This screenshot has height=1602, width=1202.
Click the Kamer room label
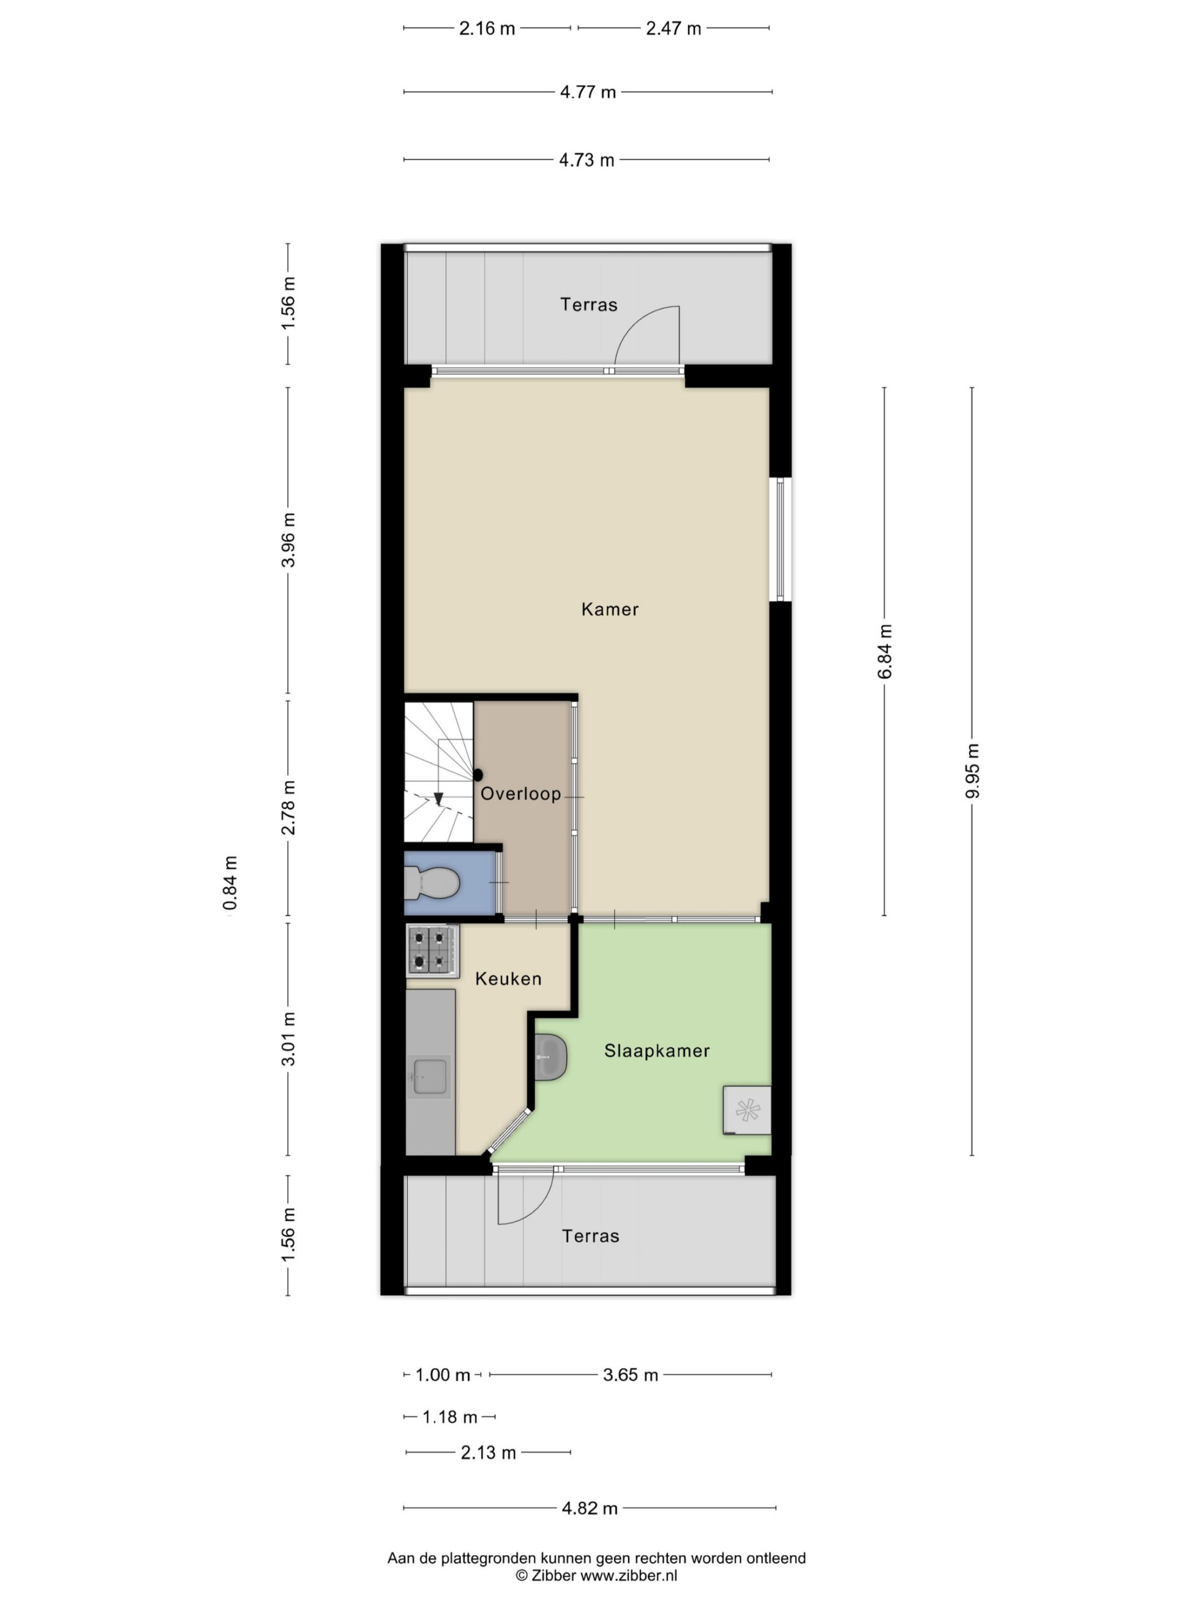[x=609, y=609]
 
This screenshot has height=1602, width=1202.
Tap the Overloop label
[x=520, y=793]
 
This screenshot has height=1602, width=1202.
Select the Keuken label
[x=508, y=979]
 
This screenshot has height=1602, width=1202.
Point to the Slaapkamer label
[x=657, y=1051]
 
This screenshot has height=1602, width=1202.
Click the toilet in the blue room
[x=433, y=884]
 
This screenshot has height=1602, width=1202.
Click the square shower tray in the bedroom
[x=746, y=1110]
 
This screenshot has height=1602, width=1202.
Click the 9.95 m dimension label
[x=972, y=770]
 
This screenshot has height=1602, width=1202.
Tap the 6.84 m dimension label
[x=885, y=651]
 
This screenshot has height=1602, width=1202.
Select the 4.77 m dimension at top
[x=588, y=92]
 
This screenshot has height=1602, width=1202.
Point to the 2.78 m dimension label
[x=289, y=807]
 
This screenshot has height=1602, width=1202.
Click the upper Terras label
[x=588, y=304]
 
